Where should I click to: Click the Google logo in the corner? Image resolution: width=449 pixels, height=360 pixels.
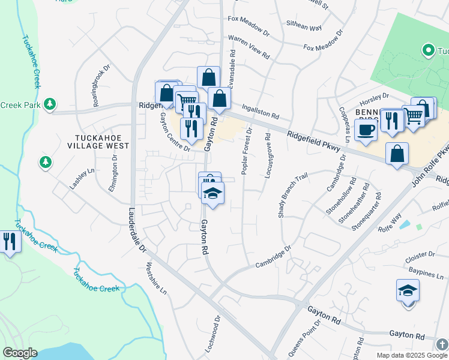[20, 353]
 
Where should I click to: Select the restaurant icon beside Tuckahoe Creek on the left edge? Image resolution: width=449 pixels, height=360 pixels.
[10, 242]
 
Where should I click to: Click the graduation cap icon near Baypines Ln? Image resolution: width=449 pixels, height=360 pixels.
[408, 291]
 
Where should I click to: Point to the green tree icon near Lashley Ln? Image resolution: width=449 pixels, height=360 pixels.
[45, 161]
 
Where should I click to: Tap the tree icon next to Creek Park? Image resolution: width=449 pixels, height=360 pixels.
[50, 104]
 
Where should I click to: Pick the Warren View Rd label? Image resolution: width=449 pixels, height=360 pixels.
[249, 47]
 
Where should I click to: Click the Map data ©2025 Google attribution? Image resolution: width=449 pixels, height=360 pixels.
[412, 355]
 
